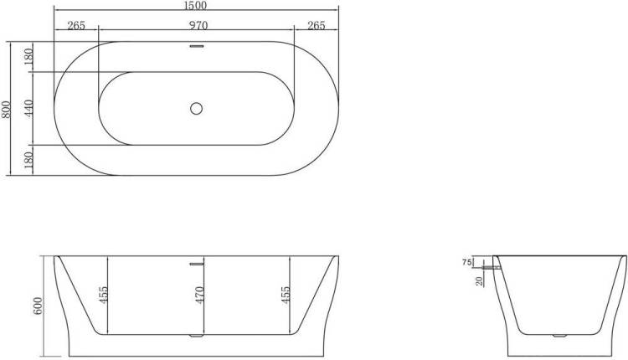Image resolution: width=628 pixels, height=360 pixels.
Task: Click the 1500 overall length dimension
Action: click(196, 5)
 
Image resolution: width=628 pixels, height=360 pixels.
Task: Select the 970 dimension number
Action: click(198, 26)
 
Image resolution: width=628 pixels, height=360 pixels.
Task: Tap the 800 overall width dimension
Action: click(6, 110)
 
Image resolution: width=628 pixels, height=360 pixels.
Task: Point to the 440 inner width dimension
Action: click(28, 109)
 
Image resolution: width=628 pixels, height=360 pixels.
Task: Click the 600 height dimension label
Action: click(37, 306)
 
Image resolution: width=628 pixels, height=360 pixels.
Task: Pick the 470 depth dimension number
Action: click(200, 295)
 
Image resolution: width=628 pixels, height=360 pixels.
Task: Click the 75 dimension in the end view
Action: click(466, 262)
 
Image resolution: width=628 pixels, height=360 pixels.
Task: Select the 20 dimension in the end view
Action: click(480, 281)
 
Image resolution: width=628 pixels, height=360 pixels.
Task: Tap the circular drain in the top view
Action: click(196, 108)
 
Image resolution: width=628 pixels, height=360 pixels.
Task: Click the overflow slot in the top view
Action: click(196, 46)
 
